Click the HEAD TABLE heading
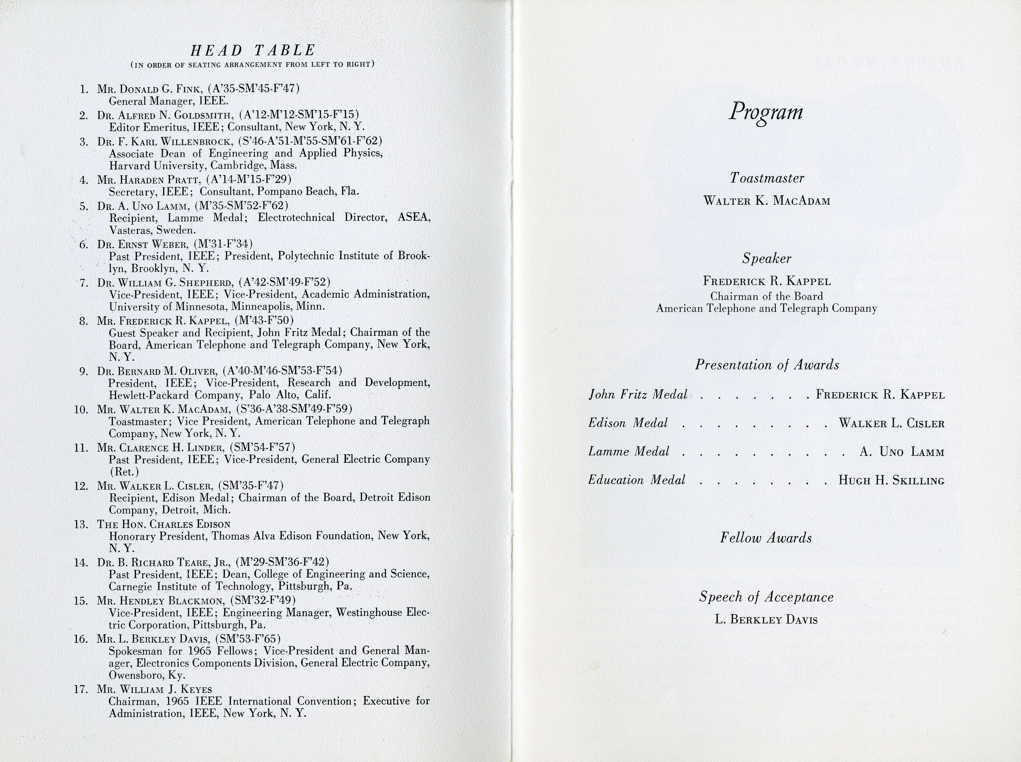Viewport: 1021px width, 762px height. (x=253, y=50)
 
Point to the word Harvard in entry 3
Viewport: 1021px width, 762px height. (x=127, y=166)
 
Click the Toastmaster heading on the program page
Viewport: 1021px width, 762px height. (x=767, y=178)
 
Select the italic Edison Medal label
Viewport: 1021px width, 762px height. (x=628, y=423)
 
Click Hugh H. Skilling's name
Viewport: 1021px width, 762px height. (x=891, y=480)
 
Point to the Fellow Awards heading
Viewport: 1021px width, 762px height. (x=766, y=538)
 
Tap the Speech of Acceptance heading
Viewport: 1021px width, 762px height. (x=766, y=597)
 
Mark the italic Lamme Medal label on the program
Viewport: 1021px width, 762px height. (x=629, y=452)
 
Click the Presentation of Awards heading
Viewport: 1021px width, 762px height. (x=767, y=365)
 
